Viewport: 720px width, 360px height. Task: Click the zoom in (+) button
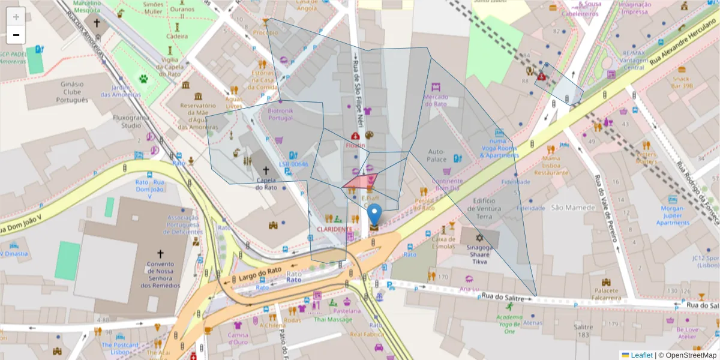[x=16, y=17]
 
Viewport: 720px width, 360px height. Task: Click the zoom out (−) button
[x=16, y=35]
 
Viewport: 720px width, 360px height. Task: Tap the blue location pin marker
[x=374, y=215]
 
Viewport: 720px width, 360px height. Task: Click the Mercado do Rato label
[x=436, y=100]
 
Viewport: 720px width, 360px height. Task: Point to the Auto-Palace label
[x=436, y=156]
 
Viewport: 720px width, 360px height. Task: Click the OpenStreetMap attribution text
[x=687, y=355]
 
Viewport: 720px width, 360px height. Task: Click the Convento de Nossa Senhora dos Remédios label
[x=160, y=275]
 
